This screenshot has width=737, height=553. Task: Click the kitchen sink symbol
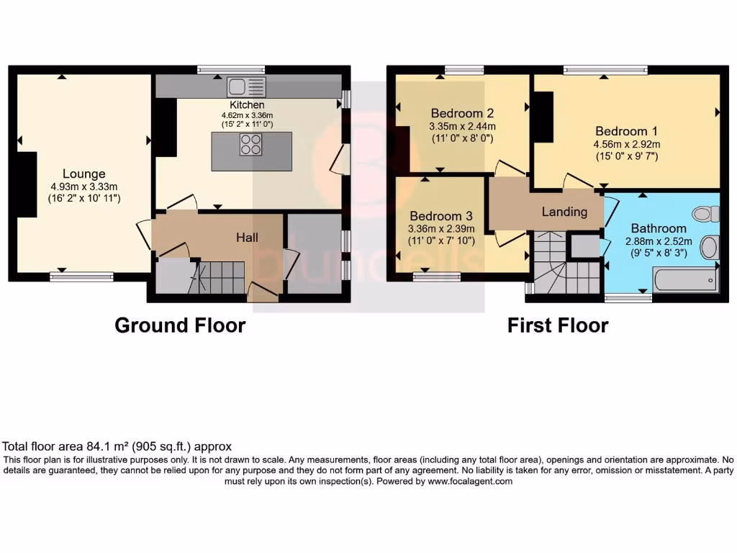246,87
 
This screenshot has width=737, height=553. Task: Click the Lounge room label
83,174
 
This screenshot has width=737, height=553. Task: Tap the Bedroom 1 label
626,131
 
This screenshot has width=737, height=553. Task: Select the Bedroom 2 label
461,113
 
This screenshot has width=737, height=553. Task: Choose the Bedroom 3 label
441,216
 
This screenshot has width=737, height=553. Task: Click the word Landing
564,212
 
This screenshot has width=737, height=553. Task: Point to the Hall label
247,237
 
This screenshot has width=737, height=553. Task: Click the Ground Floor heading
180,325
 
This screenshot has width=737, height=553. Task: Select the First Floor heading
558,325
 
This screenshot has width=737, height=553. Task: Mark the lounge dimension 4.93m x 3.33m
83,186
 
